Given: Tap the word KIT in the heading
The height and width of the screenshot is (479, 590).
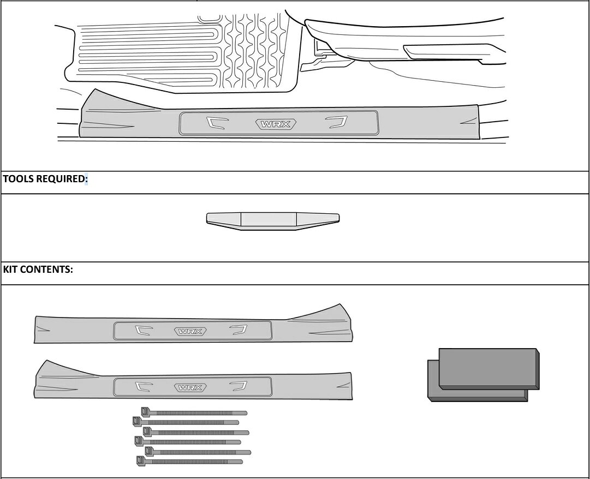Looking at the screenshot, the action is point(10,269).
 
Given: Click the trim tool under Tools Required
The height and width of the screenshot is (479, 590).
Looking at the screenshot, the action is point(273,221).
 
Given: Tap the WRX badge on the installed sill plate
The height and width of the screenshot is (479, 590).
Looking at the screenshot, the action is point(276,124).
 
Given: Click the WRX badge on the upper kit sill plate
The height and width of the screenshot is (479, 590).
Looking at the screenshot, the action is point(190,331).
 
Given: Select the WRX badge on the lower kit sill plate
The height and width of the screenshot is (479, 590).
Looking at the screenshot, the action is point(190,387).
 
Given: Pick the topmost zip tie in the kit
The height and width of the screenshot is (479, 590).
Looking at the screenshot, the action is point(194,412).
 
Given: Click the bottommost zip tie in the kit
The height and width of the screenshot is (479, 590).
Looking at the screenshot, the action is point(189,461).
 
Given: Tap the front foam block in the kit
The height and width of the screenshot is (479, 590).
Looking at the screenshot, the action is point(489,368).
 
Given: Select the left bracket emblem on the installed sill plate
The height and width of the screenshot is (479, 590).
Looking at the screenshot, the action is point(217,122).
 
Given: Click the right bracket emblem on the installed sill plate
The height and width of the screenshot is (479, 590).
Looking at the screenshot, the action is point(336,122).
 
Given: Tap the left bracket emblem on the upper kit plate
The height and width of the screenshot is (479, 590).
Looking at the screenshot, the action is point(144,330).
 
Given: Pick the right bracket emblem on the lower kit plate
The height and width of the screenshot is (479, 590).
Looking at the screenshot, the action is point(239,386).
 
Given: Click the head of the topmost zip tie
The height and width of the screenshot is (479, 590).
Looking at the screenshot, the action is point(145,412).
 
